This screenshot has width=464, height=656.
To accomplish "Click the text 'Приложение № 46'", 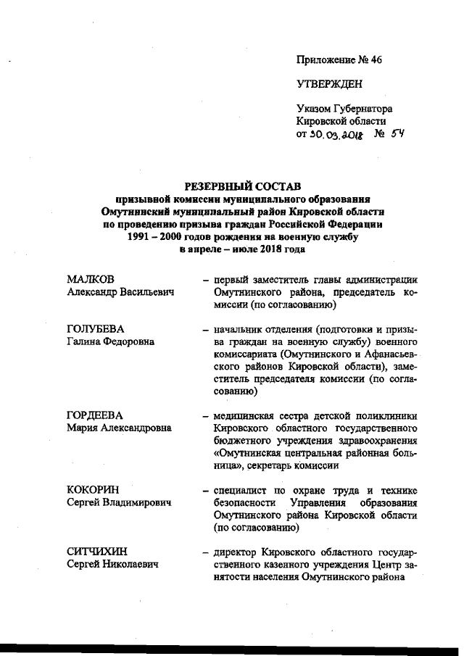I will [x=339, y=60].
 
